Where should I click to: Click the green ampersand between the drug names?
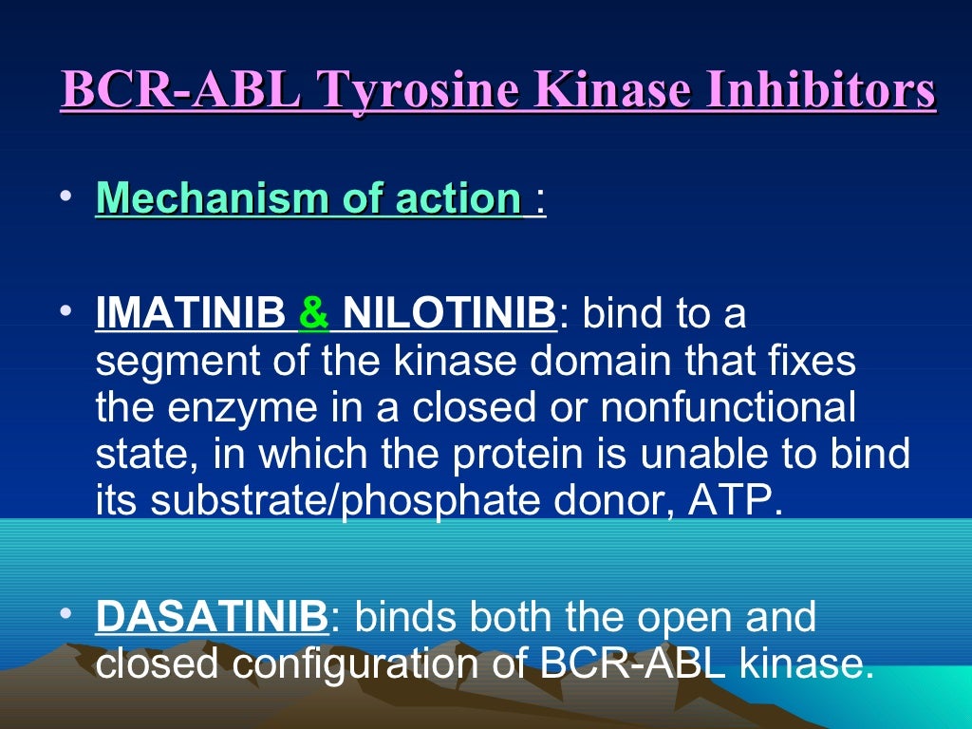[x=313, y=313]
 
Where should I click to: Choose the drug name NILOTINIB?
[x=448, y=313]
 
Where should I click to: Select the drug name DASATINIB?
[x=212, y=617]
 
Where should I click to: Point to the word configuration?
[x=346, y=664]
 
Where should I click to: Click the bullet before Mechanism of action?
[x=65, y=197]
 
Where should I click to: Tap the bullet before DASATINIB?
[x=65, y=615]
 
